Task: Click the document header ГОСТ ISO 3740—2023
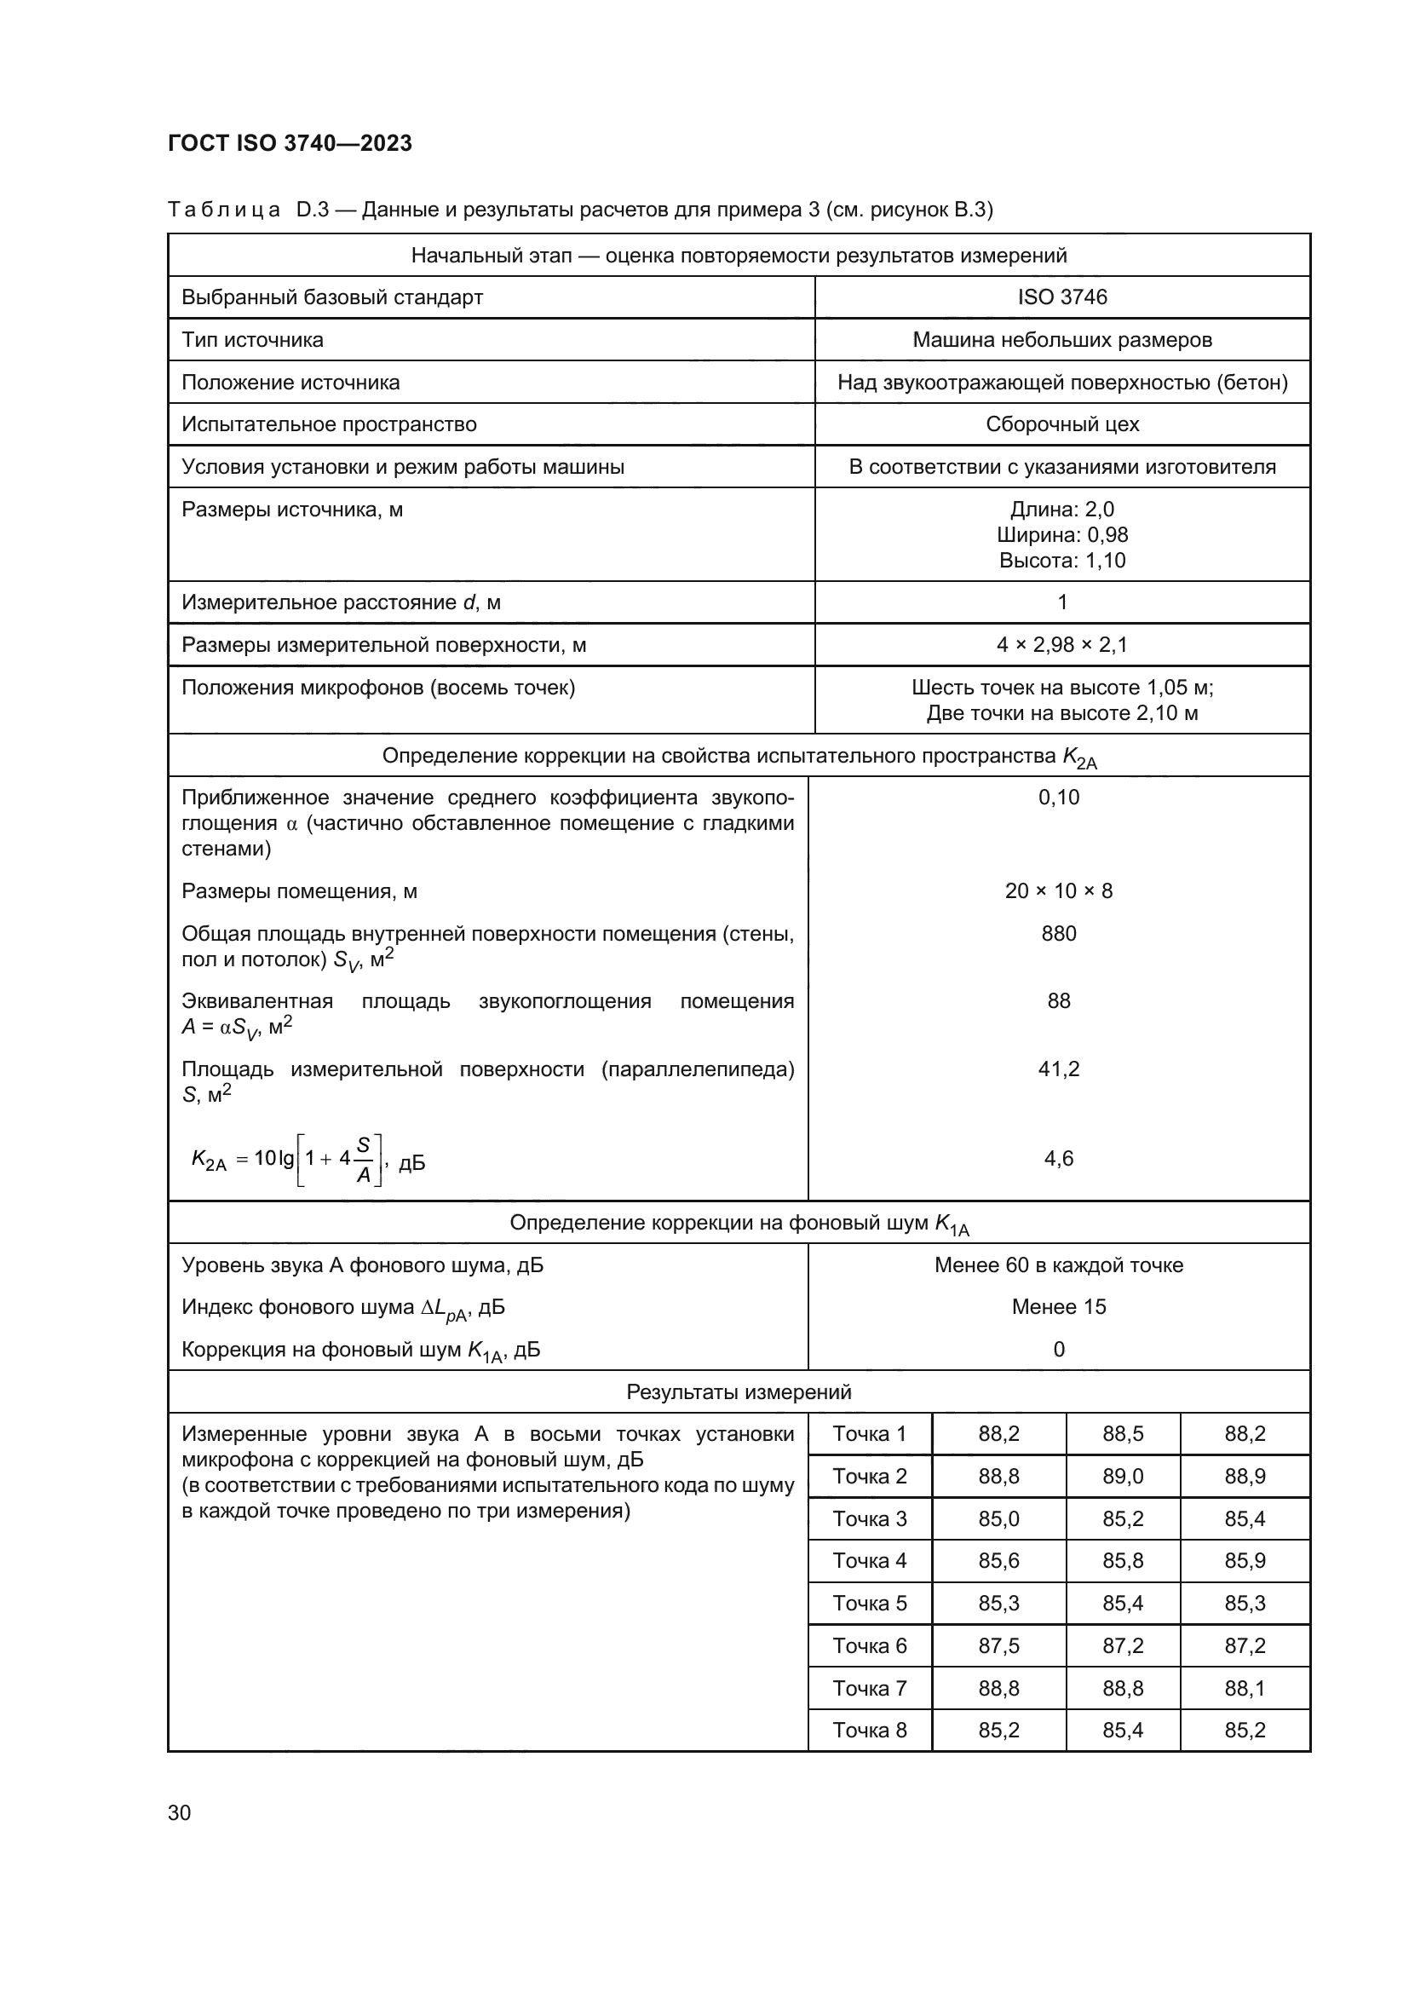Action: click(290, 143)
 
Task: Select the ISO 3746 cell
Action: click(1062, 297)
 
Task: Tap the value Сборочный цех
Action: click(1062, 424)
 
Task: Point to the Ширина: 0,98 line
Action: click(1062, 535)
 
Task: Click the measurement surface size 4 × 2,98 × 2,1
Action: click(1062, 645)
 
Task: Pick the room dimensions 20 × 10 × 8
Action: click(1059, 890)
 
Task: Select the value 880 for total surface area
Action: click(1059, 933)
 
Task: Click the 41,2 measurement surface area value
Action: click(1059, 1069)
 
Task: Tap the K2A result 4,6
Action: click(1059, 1158)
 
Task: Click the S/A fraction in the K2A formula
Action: click(364, 1160)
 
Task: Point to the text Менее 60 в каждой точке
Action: click(1059, 1264)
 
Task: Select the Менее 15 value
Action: click(1059, 1306)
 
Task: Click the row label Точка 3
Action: click(870, 1518)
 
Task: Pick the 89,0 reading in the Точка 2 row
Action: click(1123, 1476)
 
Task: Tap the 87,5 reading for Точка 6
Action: click(998, 1646)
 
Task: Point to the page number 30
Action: click(180, 1812)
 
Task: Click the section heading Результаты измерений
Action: click(739, 1391)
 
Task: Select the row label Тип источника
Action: click(252, 339)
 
